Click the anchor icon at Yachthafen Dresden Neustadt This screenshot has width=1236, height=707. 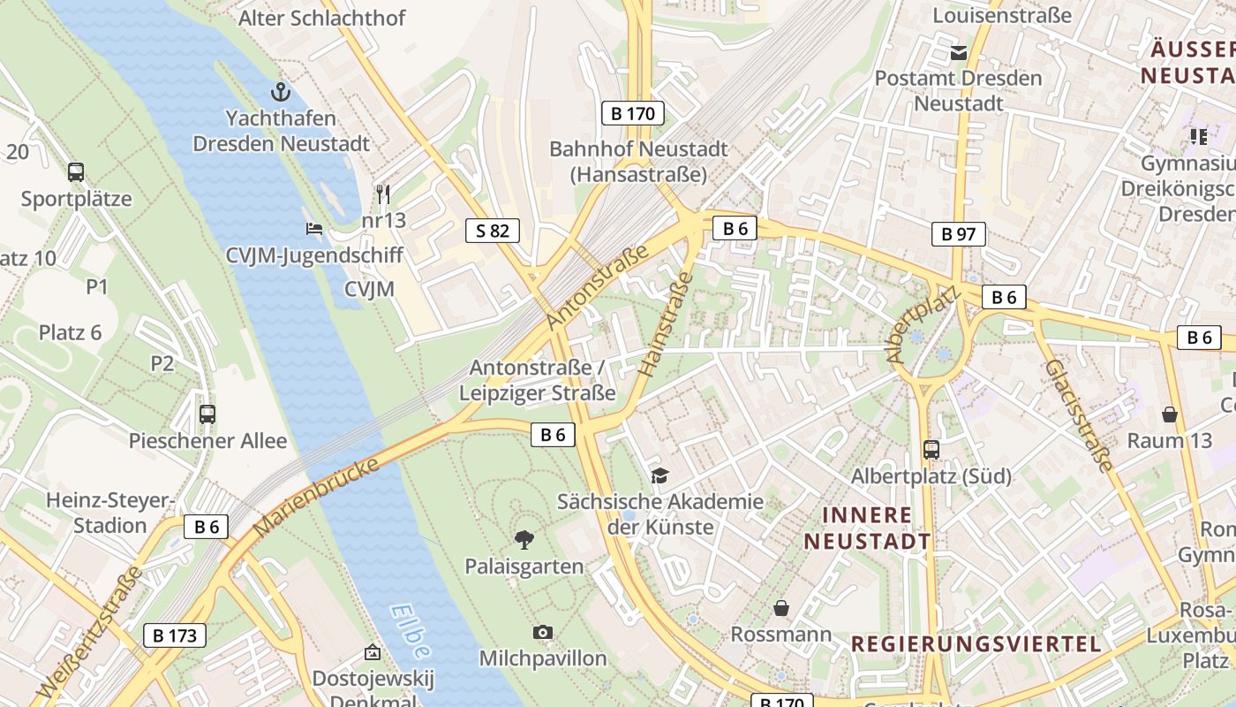point(280,91)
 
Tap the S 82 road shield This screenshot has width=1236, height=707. point(493,232)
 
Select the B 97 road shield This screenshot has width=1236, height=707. point(958,234)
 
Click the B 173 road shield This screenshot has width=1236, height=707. point(175,635)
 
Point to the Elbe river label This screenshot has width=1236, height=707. point(411,631)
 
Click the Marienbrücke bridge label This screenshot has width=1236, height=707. point(316,497)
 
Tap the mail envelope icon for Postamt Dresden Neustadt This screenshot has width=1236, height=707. point(959,53)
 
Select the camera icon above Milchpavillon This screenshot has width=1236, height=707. point(543,632)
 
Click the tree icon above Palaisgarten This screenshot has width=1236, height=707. point(524,539)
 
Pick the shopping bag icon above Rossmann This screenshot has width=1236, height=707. point(781,608)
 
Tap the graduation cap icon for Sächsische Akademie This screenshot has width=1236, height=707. point(659,476)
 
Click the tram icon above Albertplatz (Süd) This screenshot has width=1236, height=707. point(931,449)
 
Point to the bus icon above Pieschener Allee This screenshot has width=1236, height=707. point(207,414)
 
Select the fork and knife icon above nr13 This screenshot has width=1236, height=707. point(383,194)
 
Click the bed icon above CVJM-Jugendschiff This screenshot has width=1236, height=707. point(313,229)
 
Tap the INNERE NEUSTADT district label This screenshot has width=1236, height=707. point(867,528)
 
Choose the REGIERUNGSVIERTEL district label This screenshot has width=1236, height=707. point(976,643)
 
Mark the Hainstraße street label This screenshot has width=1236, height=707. point(666,325)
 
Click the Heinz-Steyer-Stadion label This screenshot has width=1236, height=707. point(110,513)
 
